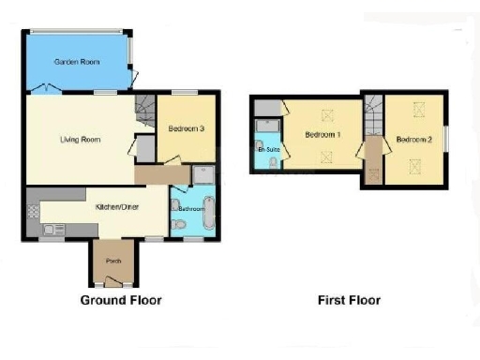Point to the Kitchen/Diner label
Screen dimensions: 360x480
pyautogui.click(x=117, y=206)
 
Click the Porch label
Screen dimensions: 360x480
pyautogui.click(x=112, y=262)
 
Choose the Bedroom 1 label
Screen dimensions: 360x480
pyautogui.click(x=322, y=135)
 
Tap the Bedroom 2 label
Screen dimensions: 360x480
pyautogui.click(x=413, y=140)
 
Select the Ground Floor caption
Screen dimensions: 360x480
pyautogui.click(x=121, y=301)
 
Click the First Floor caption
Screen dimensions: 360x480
pyautogui.click(x=348, y=301)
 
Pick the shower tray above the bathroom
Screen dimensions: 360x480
pyautogui.click(x=202, y=174)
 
